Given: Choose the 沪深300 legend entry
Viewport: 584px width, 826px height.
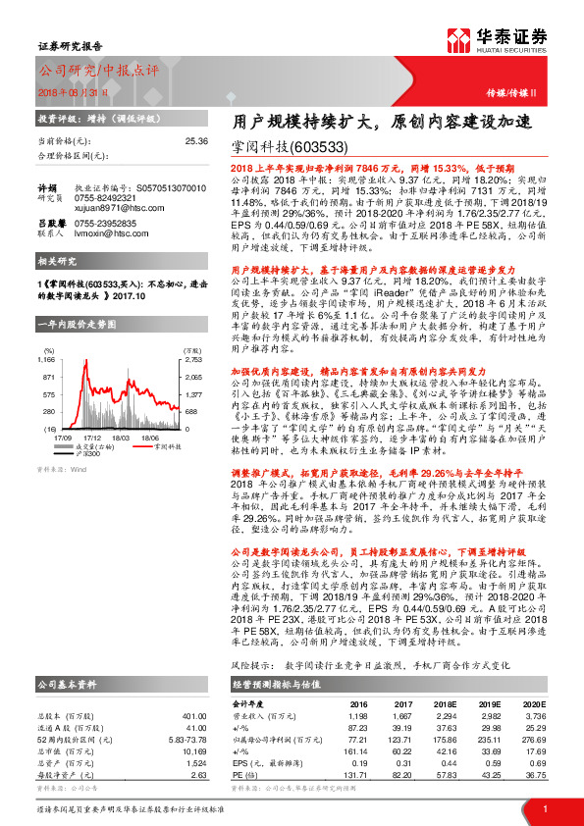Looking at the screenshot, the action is pyautogui.click(x=89, y=427).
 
